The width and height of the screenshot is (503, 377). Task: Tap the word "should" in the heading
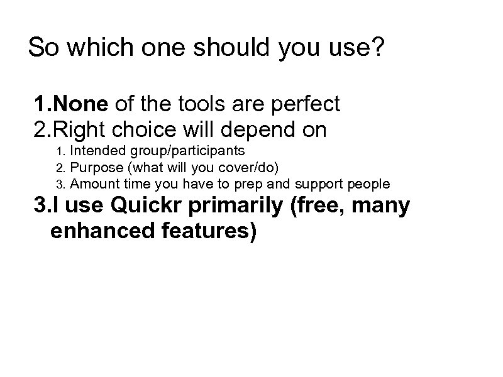[x=224, y=48]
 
